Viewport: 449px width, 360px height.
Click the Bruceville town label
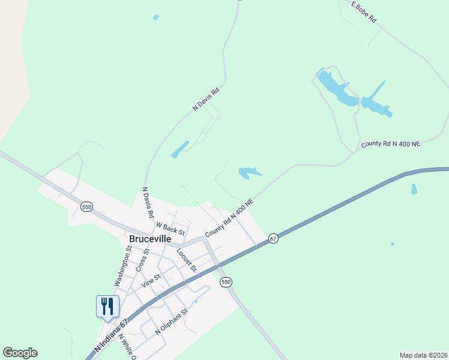(x=150, y=238)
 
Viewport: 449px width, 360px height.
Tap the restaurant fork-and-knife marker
(x=108, y=306)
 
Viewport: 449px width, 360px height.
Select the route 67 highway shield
(x=273, y=238)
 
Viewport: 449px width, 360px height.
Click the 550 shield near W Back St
(x=86, y=206)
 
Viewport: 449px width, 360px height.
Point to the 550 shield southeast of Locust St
(x=226, y=282)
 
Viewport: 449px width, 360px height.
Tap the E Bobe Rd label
(x=364, y=12)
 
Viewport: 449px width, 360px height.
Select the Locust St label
(x=187, y=259)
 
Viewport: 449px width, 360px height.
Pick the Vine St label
(x=150, y=280)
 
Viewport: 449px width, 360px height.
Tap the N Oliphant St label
(x=172, y=322)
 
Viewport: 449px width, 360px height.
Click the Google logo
(x=20, y=353)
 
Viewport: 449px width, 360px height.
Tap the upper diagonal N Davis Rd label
(x=206, y=99)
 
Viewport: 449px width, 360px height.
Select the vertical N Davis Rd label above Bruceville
(x=148, y=202)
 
